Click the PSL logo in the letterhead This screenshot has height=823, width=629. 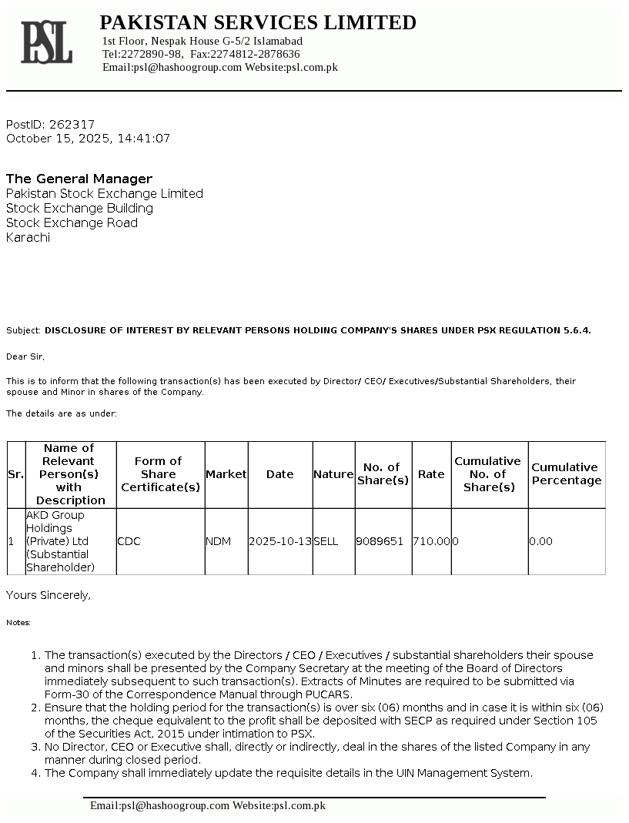[x=46, y=42]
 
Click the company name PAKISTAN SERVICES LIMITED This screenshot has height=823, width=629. [x=258, y=22]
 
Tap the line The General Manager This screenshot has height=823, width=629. [x=79, y=179]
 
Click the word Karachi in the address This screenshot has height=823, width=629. [x=28, y=237]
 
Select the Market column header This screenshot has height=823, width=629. [x=226, y=474]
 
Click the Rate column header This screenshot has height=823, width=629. [x=431, y=474]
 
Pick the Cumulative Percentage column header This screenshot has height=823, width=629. [x=566, y=473]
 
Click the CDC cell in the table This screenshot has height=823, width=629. [x=129, y=541]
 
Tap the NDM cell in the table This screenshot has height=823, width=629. [x=218, y=541]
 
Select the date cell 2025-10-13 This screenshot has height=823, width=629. [x=279, y=541]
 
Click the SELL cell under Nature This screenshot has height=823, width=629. [x=326, y=541]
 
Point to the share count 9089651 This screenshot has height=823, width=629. [x=380, y=541]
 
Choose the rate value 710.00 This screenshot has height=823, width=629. [x=431, y=541]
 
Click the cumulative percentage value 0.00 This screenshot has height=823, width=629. [x=540, y=541]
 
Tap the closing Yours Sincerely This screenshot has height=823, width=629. [x=49, y=595]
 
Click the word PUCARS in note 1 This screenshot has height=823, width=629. [x=333, y=694]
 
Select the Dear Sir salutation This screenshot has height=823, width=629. [x=25, y=356]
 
